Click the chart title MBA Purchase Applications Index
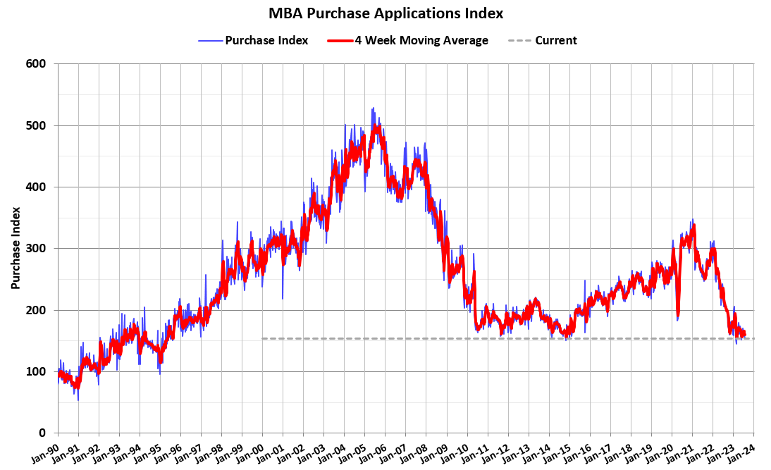385,13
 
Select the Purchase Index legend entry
266,40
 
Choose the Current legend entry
555,40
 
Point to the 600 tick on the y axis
37,64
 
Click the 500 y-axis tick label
37,125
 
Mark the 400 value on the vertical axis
37,187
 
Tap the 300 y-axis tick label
37,249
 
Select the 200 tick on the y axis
37,310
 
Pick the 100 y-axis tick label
37,371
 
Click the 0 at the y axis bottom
43,433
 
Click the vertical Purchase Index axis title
15,248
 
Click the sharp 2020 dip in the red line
678,315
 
